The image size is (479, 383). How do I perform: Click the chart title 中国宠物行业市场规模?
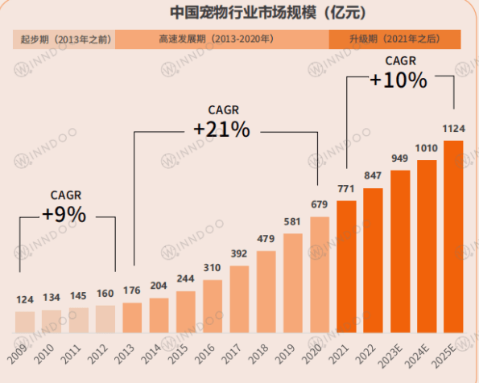239,12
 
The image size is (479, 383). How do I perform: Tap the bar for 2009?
25,322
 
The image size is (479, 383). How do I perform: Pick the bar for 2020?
320,274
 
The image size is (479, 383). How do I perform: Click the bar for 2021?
346,266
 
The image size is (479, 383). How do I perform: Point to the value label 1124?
453,129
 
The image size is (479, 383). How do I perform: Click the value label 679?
320,204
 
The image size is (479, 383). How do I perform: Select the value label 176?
132,290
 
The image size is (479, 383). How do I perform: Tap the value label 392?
239,253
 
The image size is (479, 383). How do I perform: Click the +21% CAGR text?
221,129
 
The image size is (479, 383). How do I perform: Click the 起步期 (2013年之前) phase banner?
64,39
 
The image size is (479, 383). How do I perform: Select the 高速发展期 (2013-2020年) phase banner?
221,39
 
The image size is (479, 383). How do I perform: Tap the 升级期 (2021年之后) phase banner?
394,39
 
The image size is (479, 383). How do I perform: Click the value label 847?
373,176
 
